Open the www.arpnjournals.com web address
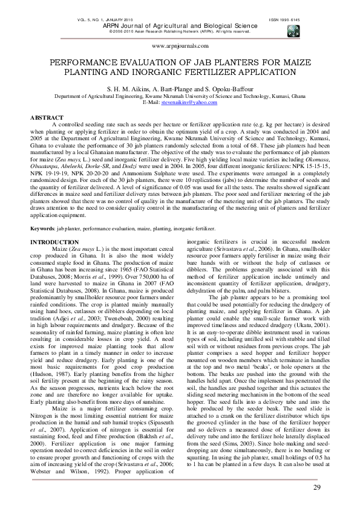180,45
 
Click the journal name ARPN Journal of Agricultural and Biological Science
180,25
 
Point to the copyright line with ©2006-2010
180,31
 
